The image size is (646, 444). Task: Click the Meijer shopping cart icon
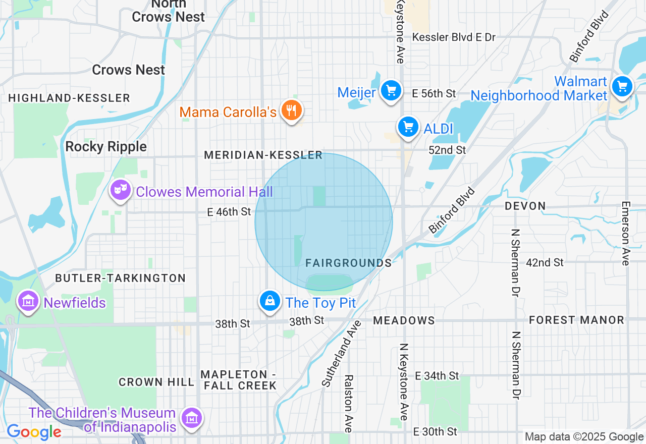click(391, 91)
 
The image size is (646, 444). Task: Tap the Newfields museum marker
click(28, 302)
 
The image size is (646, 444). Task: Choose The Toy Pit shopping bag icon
click(270, 301)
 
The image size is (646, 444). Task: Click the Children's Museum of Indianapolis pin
click(192, 418)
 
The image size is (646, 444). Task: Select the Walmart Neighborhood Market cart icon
click(622, 87)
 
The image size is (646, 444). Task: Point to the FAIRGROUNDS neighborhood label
click(348, 263)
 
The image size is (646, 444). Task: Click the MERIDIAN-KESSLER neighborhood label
click(263, 155)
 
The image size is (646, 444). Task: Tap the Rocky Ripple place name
click(106, 147)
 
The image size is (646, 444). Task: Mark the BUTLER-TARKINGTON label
click(120, 278)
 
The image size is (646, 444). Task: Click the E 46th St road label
click(229, 212)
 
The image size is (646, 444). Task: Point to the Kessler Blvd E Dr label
click(454, 37)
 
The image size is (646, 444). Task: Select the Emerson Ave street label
click(626, 233)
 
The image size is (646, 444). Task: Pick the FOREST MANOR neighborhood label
click(576, 320)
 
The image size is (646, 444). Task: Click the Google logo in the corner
click(34, 432)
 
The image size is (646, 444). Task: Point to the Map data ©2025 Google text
click(584, 437)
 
